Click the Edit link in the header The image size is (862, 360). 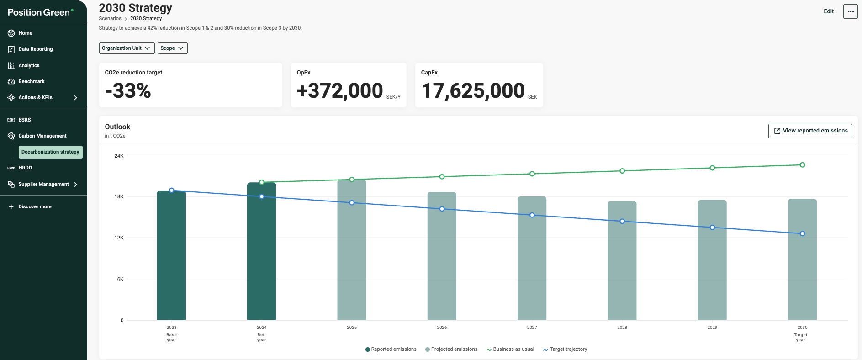[829, 11]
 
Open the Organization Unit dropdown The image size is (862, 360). [127, 48]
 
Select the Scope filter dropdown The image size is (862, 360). [172, 48]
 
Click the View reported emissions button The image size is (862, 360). [810, 131]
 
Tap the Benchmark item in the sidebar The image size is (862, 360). [31, 81]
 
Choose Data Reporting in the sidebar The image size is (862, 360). [35, 49]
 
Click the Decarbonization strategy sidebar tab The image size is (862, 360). [50, 152]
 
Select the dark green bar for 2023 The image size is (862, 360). [171, 256]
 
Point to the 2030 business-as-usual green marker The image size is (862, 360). [802, 165]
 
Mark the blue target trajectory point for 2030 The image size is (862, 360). [802, 233]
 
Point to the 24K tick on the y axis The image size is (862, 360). [119, 156]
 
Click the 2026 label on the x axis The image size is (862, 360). [442, 328]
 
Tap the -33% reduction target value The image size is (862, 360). [128, 91]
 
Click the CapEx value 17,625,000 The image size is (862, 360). [473, 91]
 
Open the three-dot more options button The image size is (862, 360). [850, 11]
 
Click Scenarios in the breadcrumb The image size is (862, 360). [110, 19]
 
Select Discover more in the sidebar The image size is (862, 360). [35, 206]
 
